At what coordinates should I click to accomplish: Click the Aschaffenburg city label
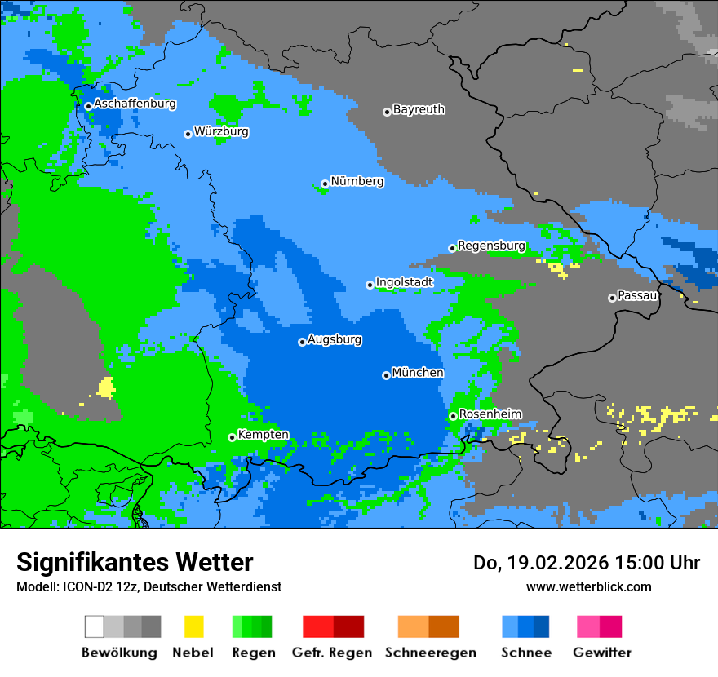pyautogui.click(x=135, y=104)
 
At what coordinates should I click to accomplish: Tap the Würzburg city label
pyautogui.click(x=221, y=131)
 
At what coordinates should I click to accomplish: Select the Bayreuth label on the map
pyautogui.click(x=419, y=109)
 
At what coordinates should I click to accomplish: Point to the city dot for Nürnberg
pyautogui.click(x=325, y=184)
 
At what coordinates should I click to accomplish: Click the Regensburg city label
pyautogui.click(x=491, y=246)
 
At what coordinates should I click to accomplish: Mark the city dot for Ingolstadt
pyautogui.click(x=370, y=285)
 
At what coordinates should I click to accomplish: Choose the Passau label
pyautogui.click(x=637, y=295)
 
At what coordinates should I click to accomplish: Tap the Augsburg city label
pyautogui.click(x=335, y=339)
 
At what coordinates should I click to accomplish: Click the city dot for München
pyautogui.click(x=386, y=375)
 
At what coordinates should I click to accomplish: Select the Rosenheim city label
pyautogui.click(x=490, y=414)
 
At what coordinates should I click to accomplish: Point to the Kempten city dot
pyautogui.click(x=232, y=437)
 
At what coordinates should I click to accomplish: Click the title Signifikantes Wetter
pyautogui.click(x=135, y=562)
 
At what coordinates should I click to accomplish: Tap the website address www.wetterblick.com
pyautogui.click(x=588, y=586)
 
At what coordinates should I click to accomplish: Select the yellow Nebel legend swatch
pyautogui.click(x=193, y=626)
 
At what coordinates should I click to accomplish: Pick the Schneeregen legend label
pyautogui.click(x=431, y=653)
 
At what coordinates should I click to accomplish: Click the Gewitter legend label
pyautogui.click(x=602, y=653)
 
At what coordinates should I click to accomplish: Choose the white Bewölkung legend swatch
pyautogui.click(x=95, y=626)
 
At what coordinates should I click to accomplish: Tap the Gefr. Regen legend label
pyautogui.click(x=332, y=653)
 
